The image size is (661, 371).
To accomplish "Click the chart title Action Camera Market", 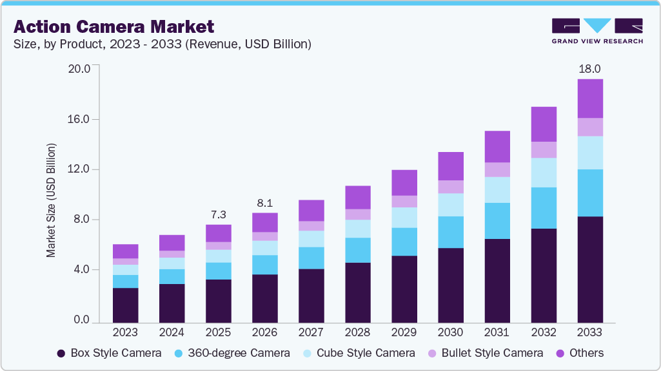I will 113,26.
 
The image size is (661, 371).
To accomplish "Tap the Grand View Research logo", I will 597,30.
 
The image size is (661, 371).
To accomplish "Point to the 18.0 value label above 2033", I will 589,68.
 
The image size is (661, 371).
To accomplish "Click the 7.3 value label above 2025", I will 218,214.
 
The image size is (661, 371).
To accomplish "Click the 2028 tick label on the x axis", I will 357,332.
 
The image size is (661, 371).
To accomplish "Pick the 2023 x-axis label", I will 125,332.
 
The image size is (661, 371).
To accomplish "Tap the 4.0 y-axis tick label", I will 86,270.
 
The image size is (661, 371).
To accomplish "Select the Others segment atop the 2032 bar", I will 543,124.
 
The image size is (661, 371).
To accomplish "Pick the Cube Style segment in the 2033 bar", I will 589,153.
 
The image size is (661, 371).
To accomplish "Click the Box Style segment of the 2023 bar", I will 125,305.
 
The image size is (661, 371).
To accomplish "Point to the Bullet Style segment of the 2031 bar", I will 497,169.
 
